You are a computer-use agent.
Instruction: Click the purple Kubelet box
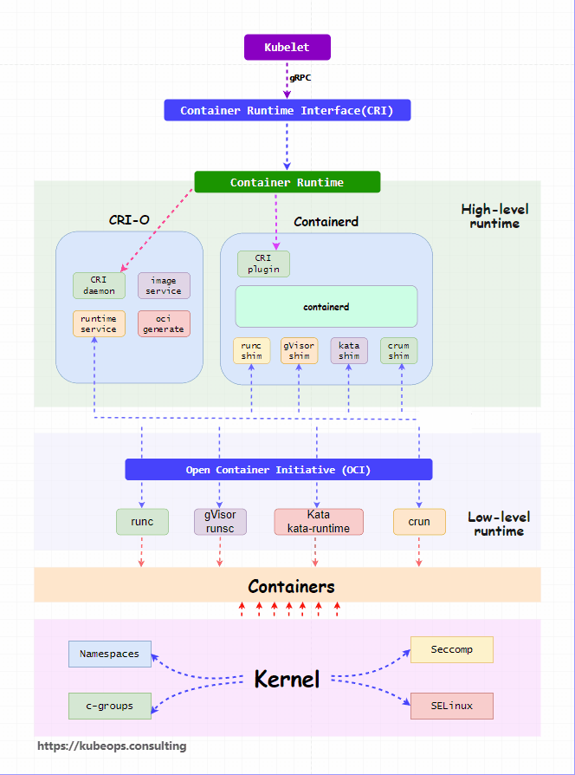[287, 48]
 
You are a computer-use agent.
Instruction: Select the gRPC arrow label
[300, 78]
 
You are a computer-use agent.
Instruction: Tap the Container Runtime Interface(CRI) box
[287, 110]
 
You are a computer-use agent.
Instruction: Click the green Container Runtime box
[287, 182]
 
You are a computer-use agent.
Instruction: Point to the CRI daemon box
[100, 286]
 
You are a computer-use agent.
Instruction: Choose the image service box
[164, 286]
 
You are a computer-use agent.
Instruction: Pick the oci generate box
[164, 323]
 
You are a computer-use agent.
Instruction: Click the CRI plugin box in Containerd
[263, 264]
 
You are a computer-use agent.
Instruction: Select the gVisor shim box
[299, 350]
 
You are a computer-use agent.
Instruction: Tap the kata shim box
[349, 350]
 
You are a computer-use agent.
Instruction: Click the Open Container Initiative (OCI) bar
[279, 470]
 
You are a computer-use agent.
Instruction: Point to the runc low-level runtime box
[142, 522]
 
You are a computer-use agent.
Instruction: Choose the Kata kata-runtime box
[319, 522]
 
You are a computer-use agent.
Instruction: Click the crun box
[419, 522]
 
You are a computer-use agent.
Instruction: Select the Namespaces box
[110, 654]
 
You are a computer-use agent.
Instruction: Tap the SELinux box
[452, 706]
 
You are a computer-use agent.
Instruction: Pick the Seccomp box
[452, 649]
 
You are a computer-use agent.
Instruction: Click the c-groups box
[110, 706]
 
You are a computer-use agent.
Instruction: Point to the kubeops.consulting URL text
[112, 746]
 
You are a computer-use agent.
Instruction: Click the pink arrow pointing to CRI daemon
[157, 230]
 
